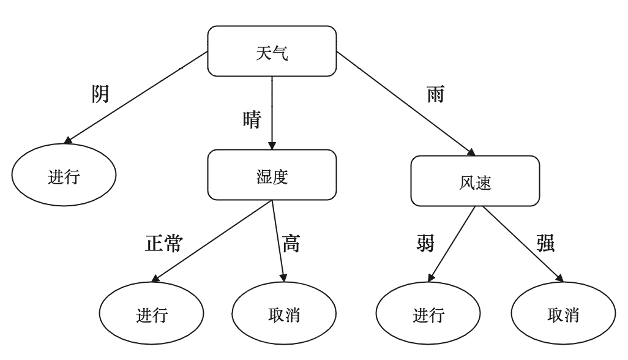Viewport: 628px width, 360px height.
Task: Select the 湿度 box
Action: coord(271,175)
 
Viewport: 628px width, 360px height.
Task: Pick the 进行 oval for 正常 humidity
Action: coord(152,317)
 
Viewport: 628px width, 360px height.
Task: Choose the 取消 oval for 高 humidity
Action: coord(285,317)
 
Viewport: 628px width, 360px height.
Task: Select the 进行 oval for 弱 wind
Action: coord(428,317)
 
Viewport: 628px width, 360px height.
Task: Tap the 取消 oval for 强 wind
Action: coord(563,317)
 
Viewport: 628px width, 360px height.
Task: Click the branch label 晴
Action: coord(251,118)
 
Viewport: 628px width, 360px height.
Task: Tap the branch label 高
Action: coord(291,244)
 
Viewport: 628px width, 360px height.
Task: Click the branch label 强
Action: coord(544,244)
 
